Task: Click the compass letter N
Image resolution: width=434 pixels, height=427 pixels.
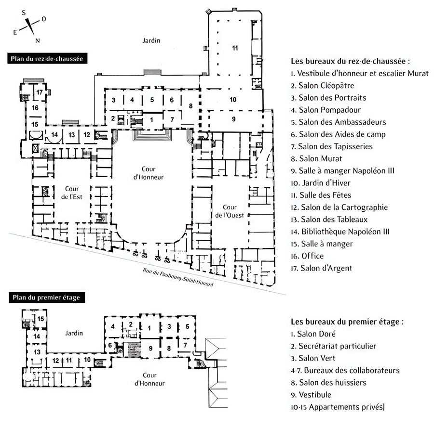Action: coord(38,40)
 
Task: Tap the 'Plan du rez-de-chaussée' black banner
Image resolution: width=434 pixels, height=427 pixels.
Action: coord(45,59)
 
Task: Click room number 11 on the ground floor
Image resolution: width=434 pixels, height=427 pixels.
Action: coord(235,48)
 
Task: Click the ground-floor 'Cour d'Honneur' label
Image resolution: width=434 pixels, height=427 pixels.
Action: coord(152,173)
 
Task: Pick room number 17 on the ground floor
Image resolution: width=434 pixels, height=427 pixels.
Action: coord(40,92)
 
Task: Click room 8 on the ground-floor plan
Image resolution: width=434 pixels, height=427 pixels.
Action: coord(190,105)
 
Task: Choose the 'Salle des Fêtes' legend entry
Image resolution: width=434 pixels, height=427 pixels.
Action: coord(321,195)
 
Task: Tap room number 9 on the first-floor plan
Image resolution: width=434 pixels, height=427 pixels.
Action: coord(150,348)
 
